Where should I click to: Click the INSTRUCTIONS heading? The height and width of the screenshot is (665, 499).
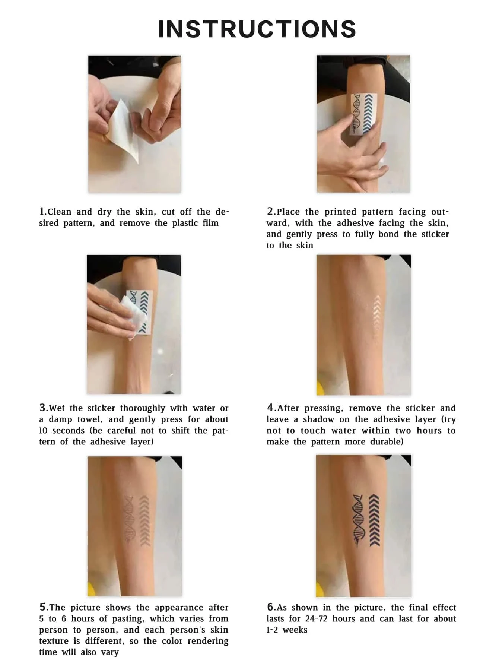coord(257,29)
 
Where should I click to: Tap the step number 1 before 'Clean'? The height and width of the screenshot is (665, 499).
coord(42,211)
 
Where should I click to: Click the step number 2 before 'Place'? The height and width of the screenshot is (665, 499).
coord(270,211)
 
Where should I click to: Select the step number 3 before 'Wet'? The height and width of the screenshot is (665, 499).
coord(42,408)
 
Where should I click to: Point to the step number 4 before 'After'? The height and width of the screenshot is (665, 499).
coord(270,408)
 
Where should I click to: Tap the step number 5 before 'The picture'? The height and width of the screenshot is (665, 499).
coord(42,607)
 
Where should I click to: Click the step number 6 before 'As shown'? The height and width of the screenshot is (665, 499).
coord(270,607)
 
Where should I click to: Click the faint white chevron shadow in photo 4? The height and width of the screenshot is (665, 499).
coord(377,317)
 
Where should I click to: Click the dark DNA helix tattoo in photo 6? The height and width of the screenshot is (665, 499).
coord(358,520)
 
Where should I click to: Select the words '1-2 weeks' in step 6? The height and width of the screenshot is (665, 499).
coord(287,630)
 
